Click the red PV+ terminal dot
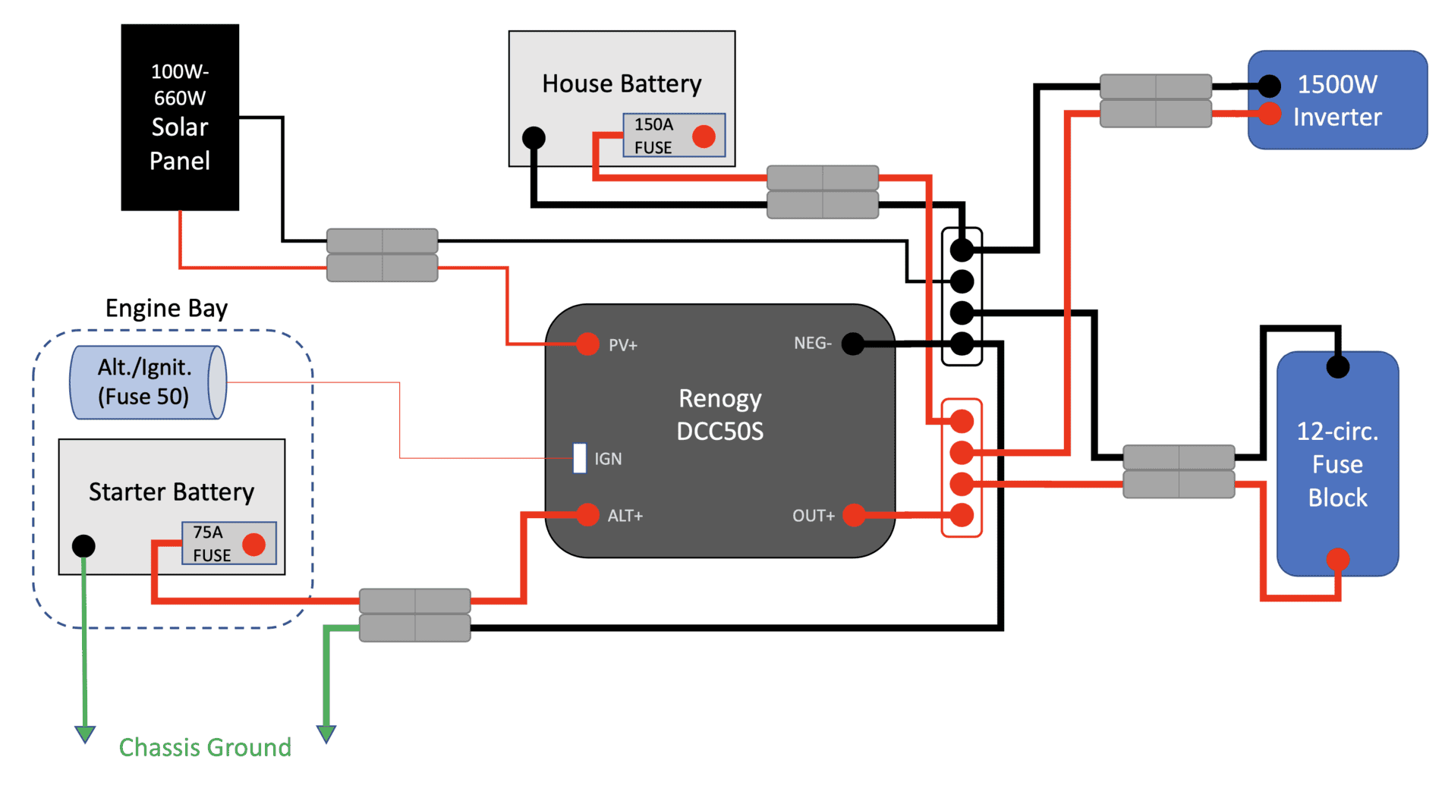(587, 344)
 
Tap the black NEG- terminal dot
(853, 344)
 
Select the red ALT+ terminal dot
(587, 515)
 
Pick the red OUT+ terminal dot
(854, 515)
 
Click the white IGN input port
(580, 458)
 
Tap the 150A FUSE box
(674, 136)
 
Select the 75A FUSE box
(229, 543)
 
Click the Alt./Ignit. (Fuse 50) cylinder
(148, 382)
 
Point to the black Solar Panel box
(180, 117)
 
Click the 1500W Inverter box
(1337, 100)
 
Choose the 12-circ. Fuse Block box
(1337, 463)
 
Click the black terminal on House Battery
(534, 137)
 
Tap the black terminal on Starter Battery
(83, 545)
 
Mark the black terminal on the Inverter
(1269, 86)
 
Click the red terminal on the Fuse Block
(1337, 559)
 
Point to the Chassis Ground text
(205, 748)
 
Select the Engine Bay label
(166, 309)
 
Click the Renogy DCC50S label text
(720, 415)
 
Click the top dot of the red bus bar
(962, 421)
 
